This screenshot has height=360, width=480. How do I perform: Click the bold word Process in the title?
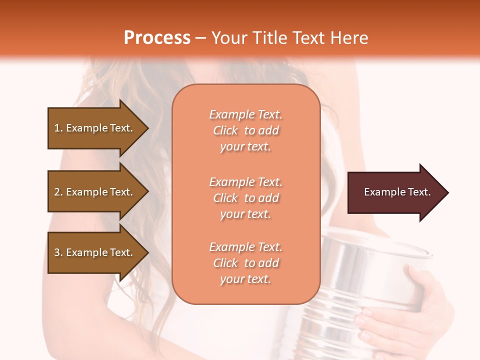[157, 38]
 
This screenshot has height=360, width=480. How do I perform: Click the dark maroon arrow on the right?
[395, 192]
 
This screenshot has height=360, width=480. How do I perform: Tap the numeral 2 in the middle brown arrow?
[57, 192]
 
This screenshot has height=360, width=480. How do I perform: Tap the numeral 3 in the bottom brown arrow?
[57, 252]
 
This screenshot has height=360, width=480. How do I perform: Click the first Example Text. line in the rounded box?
[245, 114]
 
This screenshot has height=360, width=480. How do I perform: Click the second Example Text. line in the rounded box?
[245, 181]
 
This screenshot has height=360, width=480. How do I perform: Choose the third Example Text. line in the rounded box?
[245, 247]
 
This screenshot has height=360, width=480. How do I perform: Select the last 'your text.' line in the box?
[245, 279]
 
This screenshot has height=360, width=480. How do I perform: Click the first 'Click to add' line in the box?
[245, 130]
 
